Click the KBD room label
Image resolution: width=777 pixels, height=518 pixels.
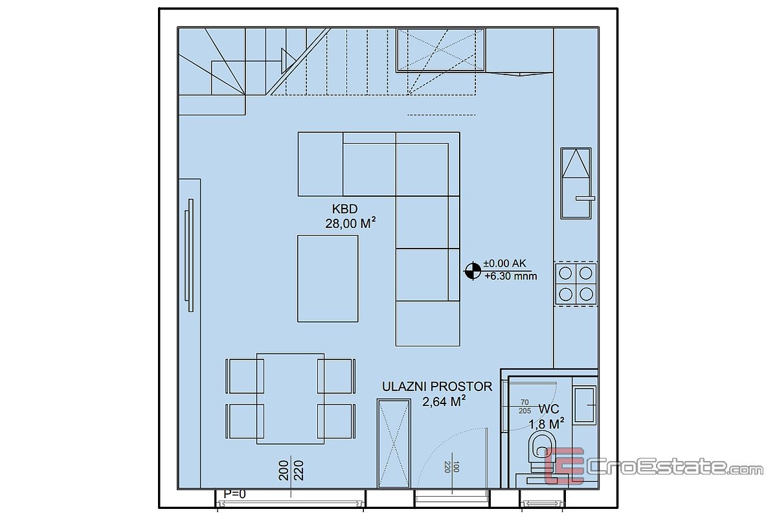[x=344, y=209]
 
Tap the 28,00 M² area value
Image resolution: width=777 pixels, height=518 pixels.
[x=350, y=223]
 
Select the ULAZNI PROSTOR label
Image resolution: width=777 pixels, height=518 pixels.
[x=437, y=387]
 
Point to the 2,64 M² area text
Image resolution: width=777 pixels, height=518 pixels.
[x=444, y=401]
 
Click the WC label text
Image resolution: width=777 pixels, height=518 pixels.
[x=549, y=409]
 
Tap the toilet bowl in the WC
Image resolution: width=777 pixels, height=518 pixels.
[x=541, y=452]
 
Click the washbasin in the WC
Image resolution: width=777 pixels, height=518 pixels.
[x=585, y=405]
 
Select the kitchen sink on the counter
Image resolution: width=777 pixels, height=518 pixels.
[x=576, y=183]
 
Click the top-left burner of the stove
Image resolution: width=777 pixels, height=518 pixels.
[x=565, y=273]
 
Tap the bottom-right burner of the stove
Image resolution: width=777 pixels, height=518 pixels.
[x=586, y=294]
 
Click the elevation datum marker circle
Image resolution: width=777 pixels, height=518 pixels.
[x=473, y=271]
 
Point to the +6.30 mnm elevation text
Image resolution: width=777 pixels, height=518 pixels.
[x=511, y=276]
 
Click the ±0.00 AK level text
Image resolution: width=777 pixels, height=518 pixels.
[x=504, y=264]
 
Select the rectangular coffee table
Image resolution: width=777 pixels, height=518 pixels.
[x=328, y=278]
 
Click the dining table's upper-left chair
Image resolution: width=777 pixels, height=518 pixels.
[x=245, y=376]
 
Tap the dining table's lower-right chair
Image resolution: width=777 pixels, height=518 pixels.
[x=336, y=422]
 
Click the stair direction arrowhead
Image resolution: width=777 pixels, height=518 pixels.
[x=288, y=61]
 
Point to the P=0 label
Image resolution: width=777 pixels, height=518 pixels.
[x=234, y=494]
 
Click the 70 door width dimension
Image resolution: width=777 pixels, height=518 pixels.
[x=524, y=402]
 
